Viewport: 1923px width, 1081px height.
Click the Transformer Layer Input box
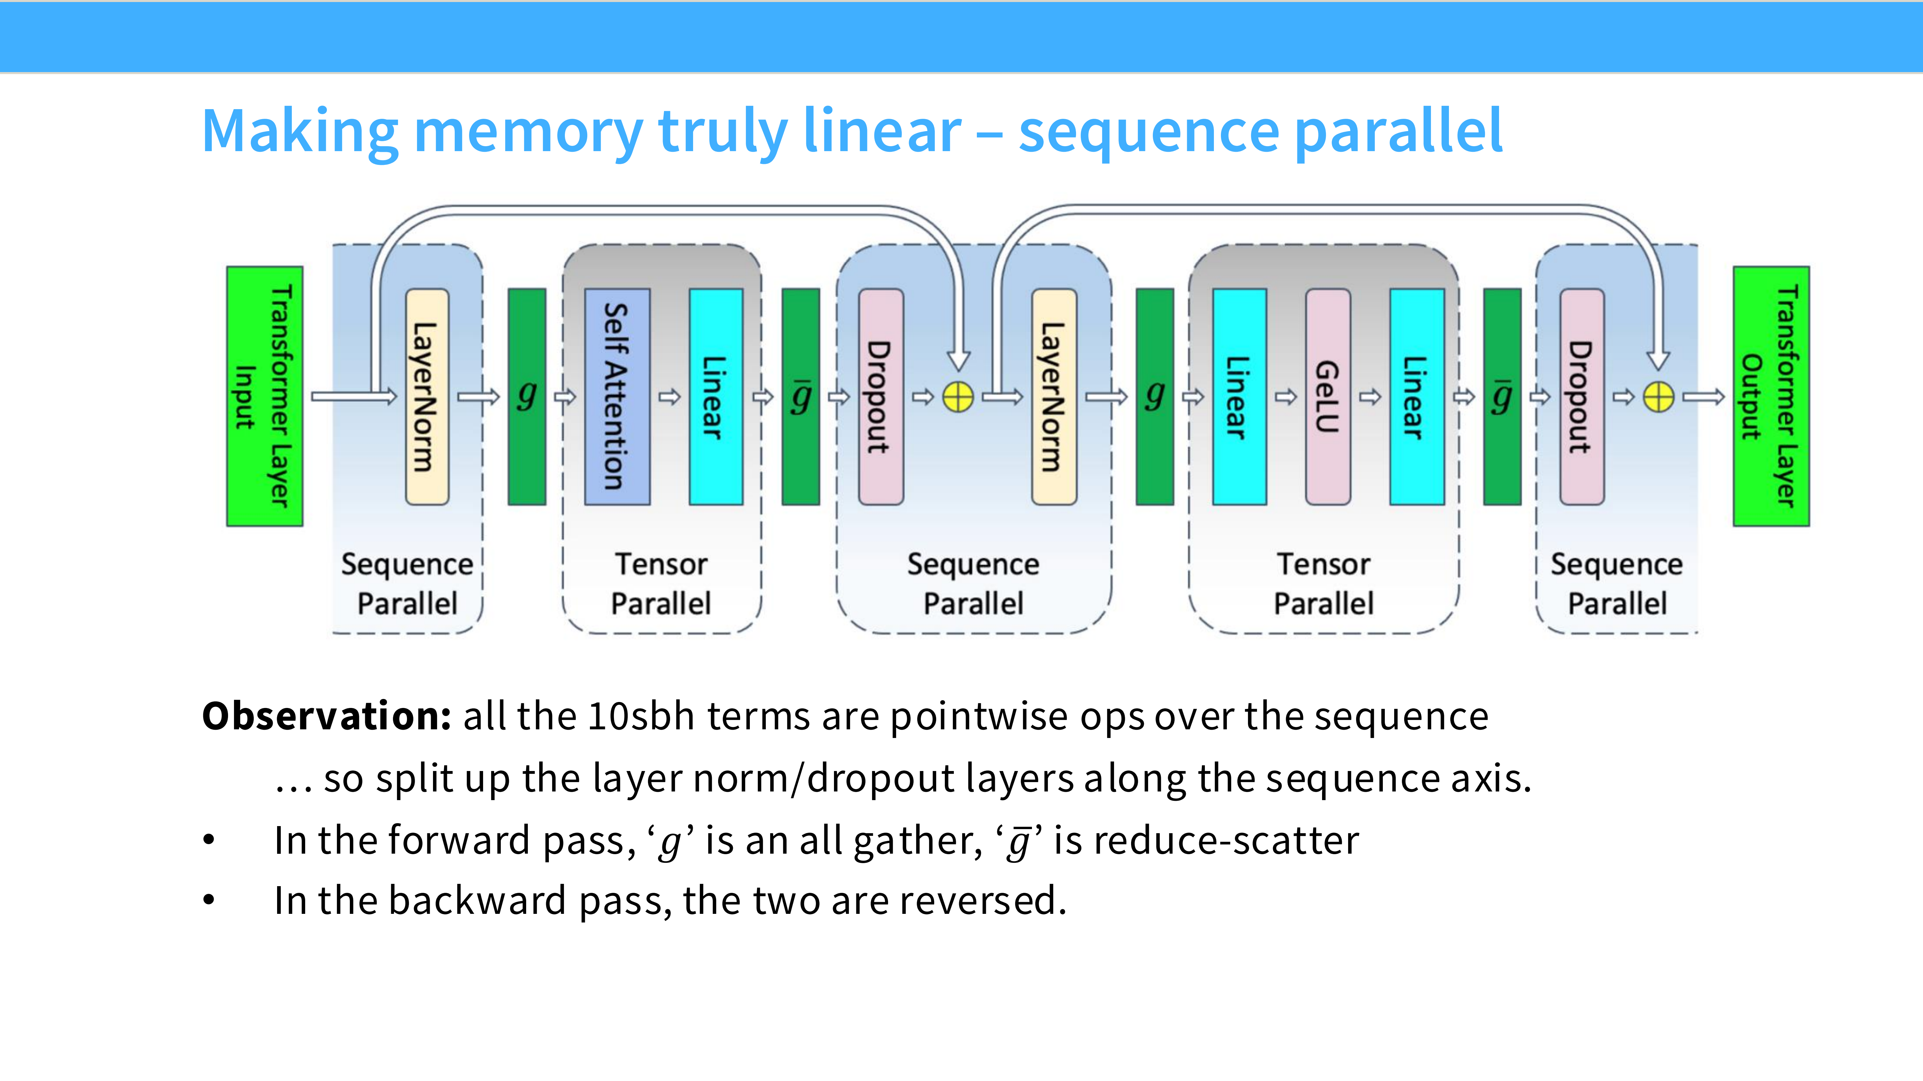(264, 396)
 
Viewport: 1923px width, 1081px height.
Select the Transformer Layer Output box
(1771, 396)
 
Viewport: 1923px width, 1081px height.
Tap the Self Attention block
(617, 396)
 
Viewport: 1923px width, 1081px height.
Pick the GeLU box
(1327, 396)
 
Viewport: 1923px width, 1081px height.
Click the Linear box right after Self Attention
(715, 396)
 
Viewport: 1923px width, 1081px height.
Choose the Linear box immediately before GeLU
(1239, 396)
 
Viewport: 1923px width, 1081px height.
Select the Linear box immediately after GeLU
(1416, 396)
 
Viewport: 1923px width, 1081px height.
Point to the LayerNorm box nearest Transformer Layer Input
(427, 396)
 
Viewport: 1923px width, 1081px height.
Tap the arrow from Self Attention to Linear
(670, 396)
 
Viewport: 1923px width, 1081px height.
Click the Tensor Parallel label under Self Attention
(661, 584)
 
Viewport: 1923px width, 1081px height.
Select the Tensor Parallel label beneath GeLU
(1323, 584)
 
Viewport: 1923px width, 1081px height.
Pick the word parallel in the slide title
(1398, 131)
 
